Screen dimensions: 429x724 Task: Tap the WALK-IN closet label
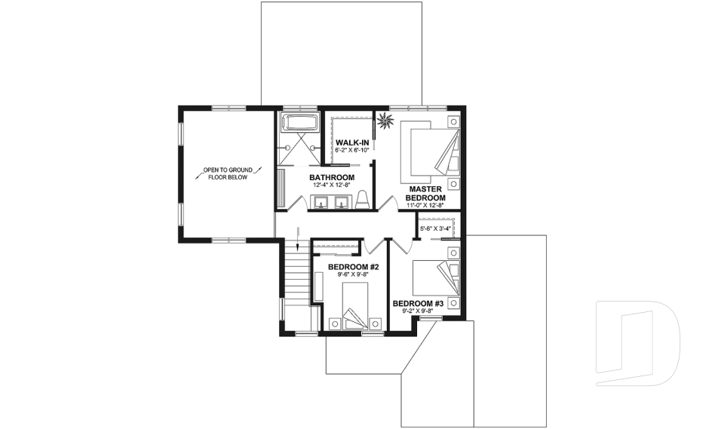coord(352,142)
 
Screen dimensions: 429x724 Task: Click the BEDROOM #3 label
coord(417,303)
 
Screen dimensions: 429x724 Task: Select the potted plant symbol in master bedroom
coord(387,120)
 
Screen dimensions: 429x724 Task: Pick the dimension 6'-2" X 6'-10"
coord(351,150)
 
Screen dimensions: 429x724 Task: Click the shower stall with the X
coord(301,149)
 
